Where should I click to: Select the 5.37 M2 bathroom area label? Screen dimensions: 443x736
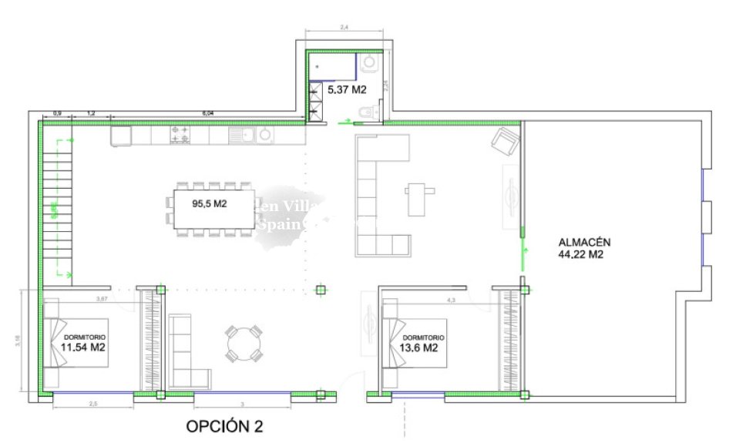click(x=346, y=90)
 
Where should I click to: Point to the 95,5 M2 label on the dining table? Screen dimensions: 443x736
click(x=210, y=204)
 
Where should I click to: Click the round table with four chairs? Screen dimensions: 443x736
click(x=244, y=343)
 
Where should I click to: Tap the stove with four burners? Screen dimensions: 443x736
click(x=180, y=135)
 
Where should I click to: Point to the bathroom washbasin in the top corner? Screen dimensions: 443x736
click(x=368, y=62)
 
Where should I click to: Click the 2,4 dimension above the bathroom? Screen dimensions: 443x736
click(x=344, y=27)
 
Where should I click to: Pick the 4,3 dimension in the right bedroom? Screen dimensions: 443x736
click(x=450, y=299)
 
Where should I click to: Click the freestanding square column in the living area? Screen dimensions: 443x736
click(x=321, y=290)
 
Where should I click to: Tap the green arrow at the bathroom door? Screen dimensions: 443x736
click(x=348, y=121)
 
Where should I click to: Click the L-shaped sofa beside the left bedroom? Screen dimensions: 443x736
click(x=186, y=351)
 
